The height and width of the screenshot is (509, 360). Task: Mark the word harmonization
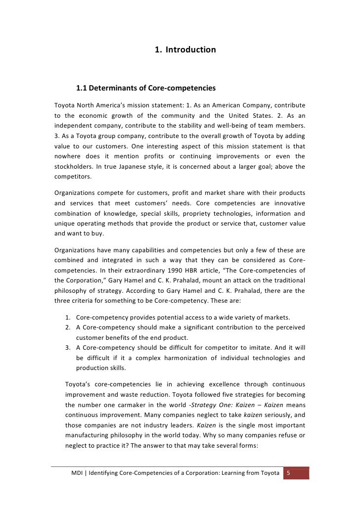point(204,358)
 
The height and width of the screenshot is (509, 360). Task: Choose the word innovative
point(287,203)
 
